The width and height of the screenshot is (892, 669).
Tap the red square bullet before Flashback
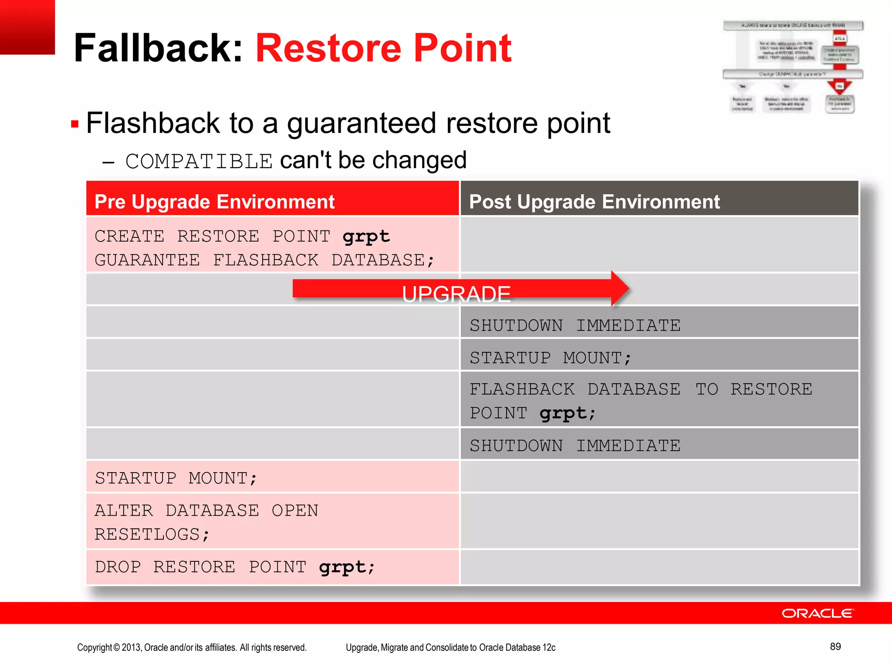(x=74, y=125)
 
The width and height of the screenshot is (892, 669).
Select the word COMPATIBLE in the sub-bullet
(x=199, y=162)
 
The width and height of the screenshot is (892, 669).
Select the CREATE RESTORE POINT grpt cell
(x=272, y=247)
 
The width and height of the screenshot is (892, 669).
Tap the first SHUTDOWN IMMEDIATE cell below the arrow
(x=659, y=325)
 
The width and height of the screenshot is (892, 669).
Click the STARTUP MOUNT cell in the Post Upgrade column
(x=659, y=358)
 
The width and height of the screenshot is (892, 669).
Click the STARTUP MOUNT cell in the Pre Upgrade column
(x=272, y=478)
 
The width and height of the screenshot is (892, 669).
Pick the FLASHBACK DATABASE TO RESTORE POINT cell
(x=659, y=400)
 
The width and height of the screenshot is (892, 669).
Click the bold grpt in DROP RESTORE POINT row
(x=342, y=567)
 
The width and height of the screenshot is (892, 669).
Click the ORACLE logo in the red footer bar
(x=818, y=613)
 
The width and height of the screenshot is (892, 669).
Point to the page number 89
(x=835, y=646)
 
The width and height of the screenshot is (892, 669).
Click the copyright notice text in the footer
(x=192, y=647)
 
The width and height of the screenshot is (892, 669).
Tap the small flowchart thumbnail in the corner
(x=793, y=67)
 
